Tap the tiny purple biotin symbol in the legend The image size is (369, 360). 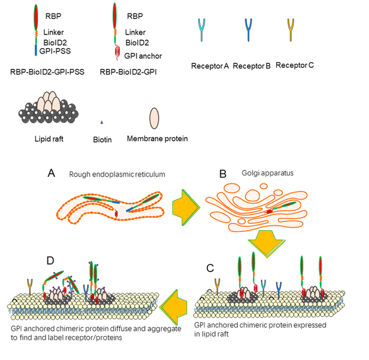tap(102, 122)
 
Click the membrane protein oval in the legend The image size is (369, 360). tap(154, 118)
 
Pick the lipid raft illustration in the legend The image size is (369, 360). tap(49, 107)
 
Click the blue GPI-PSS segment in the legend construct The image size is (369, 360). tap(36, 50)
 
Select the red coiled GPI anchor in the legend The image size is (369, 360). tap(117, 53)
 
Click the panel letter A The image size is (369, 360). tap(51, 173)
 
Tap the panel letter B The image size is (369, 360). tap(223, 174)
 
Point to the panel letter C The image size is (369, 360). tap(210, 268)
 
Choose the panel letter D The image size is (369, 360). tap(50, 260)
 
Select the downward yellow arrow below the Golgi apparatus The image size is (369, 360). tap(267, 244)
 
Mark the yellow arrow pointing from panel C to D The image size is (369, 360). tap(173, 307)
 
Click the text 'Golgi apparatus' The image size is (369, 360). tap(268, 173)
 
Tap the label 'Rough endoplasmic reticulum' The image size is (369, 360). tap(117, 174)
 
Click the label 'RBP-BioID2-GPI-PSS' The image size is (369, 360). tap(47, 72)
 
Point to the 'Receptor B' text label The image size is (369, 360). tap(252, 66)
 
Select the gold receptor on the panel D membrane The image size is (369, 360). tap(30, 287)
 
